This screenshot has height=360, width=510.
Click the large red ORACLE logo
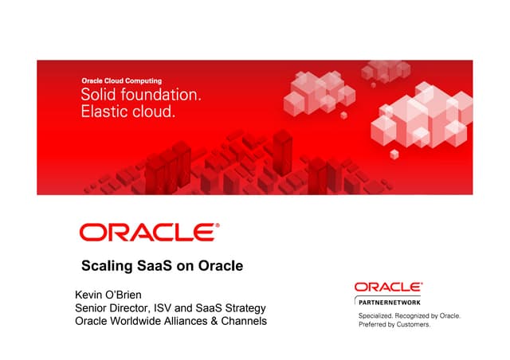(149, 232)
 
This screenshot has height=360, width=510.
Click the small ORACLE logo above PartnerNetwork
(388, 287)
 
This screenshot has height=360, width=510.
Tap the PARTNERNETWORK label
(388, 303)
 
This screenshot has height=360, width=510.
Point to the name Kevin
(91, 295)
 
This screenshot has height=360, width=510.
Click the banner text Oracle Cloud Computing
(121, 80)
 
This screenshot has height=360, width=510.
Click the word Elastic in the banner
(104, 112)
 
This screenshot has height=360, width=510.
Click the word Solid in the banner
(99, 96)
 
